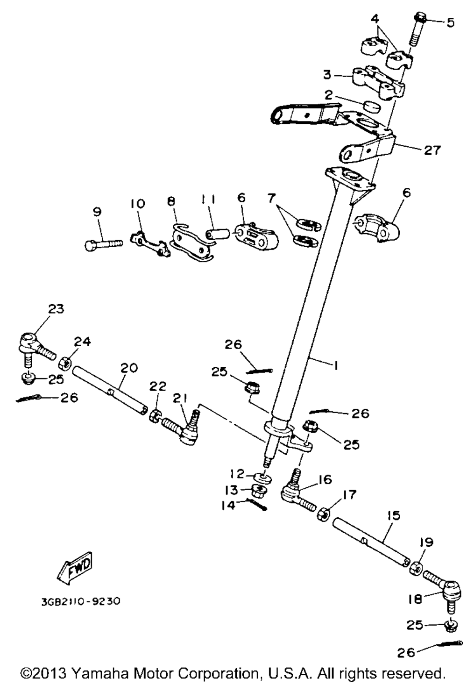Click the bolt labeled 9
tap(104, 244)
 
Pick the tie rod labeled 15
tap(371, 544)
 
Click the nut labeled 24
tap(66, 362)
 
